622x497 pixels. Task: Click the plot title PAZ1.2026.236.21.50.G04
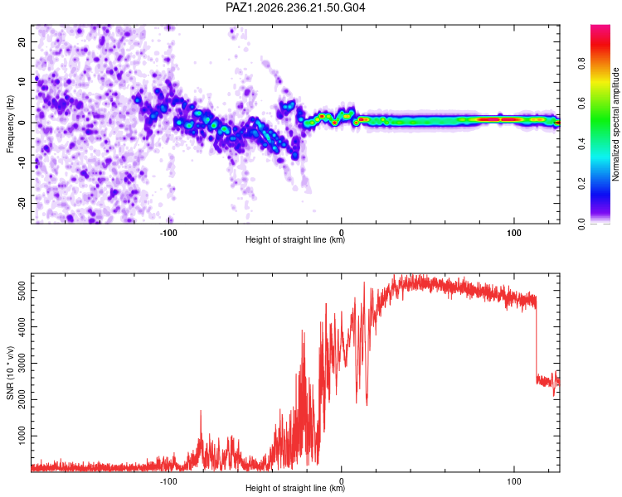click(295, 7)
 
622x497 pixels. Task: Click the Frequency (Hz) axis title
click(10, 124)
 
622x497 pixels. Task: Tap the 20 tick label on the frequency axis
click(22, 41)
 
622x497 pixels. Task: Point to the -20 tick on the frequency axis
click(22, 203)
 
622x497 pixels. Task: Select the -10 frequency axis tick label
click(22, 163)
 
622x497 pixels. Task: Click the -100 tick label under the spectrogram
click(168, 233)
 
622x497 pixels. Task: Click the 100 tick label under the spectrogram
click(513, 233)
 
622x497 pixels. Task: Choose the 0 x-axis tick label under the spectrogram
click(341, 233)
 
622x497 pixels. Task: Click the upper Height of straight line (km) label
click(295, 239)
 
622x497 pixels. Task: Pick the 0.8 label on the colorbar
click(581, 64)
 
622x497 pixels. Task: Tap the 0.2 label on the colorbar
click(581, 184)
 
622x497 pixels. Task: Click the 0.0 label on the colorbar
click(581, 224)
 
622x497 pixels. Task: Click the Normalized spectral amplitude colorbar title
click(615, 124)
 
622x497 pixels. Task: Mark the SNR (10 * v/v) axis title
click(10, 373)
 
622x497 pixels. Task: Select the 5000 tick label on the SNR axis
click(22, 291)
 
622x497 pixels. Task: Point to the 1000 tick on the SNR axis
click(22, 436)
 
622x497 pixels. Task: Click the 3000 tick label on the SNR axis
click(22, 364)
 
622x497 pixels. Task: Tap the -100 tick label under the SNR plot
click(168, 481)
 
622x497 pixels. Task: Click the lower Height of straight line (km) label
click(295, 488)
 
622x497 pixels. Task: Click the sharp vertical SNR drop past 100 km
click(536, 337)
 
